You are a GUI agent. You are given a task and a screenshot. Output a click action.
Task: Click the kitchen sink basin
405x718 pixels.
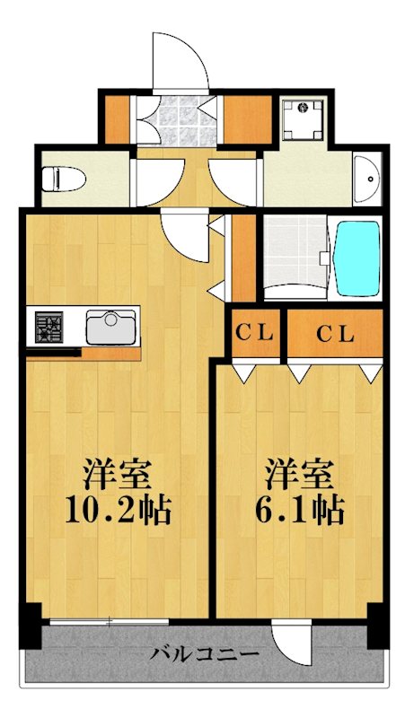tap(110, 326)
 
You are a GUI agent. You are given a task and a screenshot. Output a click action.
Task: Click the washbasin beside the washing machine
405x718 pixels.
tap(365, 180)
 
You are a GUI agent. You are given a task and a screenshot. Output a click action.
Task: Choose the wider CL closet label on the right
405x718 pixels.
tap(336, 333)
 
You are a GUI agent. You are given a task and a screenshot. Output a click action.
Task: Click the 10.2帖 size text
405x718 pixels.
tap(118, 511)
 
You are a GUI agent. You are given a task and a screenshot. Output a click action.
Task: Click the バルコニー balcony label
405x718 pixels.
tap(206, 652)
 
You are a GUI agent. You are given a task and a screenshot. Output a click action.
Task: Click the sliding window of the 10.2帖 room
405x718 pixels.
tap(108, 621)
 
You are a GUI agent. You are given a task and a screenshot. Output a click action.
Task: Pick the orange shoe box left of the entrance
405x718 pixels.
tap(118, 118)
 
